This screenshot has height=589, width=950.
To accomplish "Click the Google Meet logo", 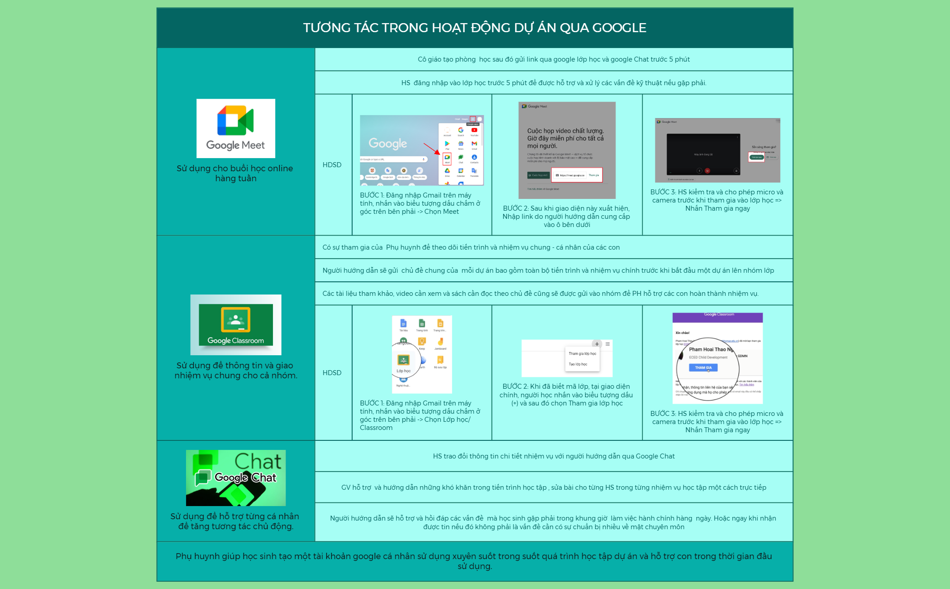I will click(x=235, y=128).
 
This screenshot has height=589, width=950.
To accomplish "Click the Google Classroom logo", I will click(x=235, y=324).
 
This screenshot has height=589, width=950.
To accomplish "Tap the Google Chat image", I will click(x=235, y=478).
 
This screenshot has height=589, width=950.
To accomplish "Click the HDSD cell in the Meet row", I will click(x=332, y=165).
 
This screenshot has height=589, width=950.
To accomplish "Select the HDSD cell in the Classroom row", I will click(x=332, y=373).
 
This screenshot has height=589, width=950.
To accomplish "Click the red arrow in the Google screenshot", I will click(x=431, y=149).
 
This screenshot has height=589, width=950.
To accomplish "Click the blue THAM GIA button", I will click(x=703, y=367).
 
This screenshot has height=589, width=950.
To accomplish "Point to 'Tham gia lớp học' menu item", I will click(x=582, y=353).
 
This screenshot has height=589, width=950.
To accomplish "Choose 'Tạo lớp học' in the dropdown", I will click(x=578, y=364).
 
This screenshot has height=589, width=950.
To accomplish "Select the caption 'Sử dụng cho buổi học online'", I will click(x=234, y=169).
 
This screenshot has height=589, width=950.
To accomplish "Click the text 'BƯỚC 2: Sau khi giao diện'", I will click(x=566, y=208).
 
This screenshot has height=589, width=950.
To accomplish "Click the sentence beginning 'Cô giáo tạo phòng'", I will click(x=553, y=59).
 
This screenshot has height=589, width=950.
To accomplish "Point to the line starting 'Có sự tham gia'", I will click(x=471, y=247).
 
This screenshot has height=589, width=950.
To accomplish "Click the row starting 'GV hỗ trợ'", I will click(x=553, y=488).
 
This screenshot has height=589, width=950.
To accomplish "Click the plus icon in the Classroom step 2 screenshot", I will click(x=597, y=344).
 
